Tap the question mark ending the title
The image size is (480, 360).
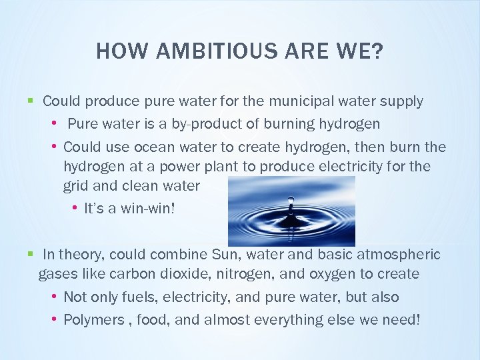coord(378,51)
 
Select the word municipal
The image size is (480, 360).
coord(301,101)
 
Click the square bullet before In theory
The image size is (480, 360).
coord(30,254)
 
